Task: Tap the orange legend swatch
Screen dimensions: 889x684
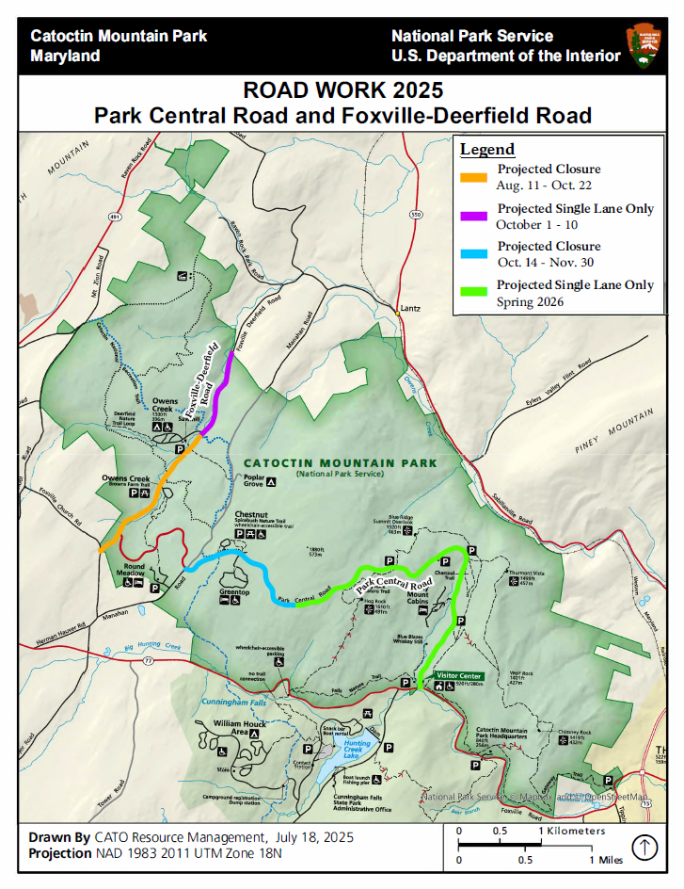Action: [472, 176]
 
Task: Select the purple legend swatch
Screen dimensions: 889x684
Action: [472, 215]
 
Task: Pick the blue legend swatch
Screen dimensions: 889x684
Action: [472, 253]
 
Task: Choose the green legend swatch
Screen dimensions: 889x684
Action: [472, 292]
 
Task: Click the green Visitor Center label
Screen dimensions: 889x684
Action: [458, 676]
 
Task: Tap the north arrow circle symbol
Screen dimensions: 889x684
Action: [644, 848]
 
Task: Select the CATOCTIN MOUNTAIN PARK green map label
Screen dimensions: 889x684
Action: [340, 463]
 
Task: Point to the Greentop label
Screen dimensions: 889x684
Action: [234, 592]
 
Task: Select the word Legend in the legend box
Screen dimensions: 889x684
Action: [486, 150]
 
